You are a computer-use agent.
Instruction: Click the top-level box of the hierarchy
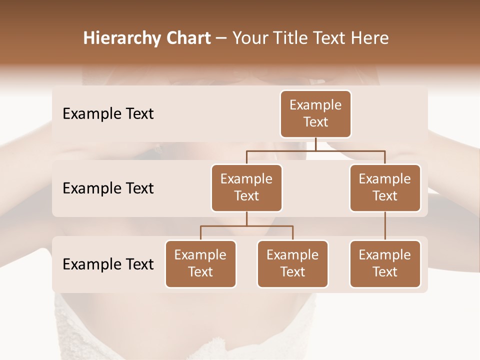point(315,113)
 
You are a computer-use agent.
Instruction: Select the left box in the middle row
point(246,187)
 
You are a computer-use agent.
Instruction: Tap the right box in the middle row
point(385,187)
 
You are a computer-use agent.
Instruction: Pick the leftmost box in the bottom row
point(200,263)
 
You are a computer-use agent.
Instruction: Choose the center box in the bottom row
point(292,263)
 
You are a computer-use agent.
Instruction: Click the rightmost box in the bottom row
point(385,263)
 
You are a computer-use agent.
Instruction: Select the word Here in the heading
point(370,38)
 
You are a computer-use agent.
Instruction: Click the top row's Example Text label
point(108,114)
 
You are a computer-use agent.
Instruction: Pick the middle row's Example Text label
point(108,188)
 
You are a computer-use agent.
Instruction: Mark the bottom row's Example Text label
point(108,264)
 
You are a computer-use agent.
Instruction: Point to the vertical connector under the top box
point(315,144)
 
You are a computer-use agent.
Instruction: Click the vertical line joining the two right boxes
point(385,226)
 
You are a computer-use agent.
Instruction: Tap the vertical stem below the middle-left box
point(246,219)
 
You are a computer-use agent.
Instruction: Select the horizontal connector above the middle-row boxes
point(315,150)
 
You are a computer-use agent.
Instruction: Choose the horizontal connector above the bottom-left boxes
point(246,226)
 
